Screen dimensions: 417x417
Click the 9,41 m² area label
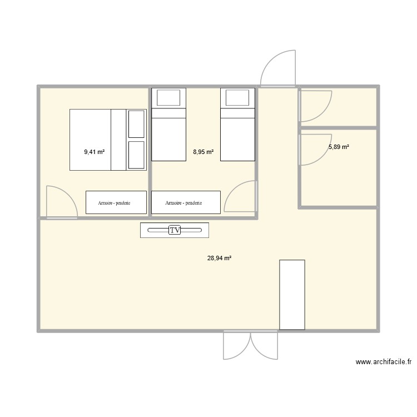pos(95,151)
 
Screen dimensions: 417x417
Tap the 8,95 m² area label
pos(203,151)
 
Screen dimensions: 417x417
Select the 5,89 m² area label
pos(339,147)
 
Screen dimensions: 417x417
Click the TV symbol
pos(175,230)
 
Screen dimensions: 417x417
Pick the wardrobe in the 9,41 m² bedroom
pos(116,202)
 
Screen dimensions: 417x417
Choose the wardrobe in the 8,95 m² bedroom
pos(186,202)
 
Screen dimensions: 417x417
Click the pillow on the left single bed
pos(168,98)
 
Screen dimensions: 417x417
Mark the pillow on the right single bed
pos(237,98)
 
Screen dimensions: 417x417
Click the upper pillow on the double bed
pos(136,123)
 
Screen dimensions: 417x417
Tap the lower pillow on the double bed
pos(136,154)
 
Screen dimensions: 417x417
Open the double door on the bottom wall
pos(250,345)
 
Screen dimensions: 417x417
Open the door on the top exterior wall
pos(278,69)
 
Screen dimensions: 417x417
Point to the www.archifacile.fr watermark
pos(383,362)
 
